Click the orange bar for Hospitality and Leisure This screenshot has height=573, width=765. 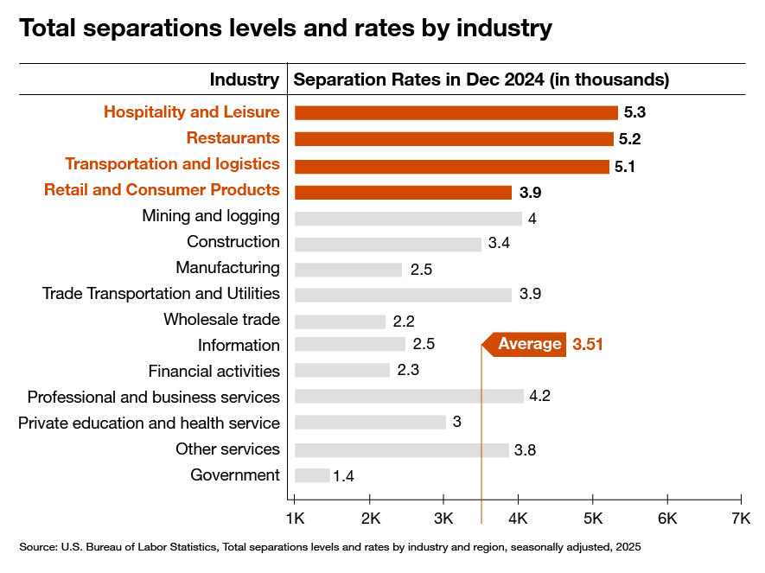pyautogui.click(x=456, y=112)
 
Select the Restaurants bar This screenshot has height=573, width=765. pyautogui.click(x=454, y=138)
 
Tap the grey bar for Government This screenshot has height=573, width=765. pyautogui.click(x=312, y=475)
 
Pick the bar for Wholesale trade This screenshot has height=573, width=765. pyautogui.click(x=340, y=321)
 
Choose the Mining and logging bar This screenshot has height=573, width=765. pyautogui.click(x=408, y=218)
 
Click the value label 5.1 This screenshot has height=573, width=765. pyautogui.click(x=625, y=166)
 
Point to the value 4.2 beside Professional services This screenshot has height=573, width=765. pyautogui.click(x=540, y=398)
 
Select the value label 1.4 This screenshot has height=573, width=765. pyautogui.click(x=344, y=476)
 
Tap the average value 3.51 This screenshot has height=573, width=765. pyautogui.click(x=587, y=344)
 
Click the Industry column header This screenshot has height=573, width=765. pyautogui.click(x=245, y=80)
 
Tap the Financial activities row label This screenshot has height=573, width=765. pyautogui.click(x=214, y=372)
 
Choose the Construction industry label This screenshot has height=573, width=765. pyautogui.click(x=233, y=242)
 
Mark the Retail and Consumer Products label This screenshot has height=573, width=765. pyautogui.click(x=162, y=190)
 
